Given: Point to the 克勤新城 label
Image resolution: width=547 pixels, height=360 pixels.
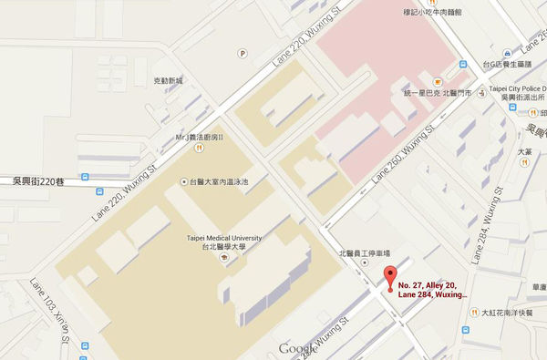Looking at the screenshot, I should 169,81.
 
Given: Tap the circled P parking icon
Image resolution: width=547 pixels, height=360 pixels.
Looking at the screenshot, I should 243,54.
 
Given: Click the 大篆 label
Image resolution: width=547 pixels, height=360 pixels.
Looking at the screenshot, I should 523,153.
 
